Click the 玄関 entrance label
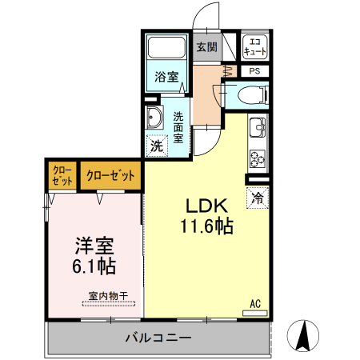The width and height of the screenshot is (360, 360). click(x=206, y=47)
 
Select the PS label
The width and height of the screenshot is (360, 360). click(x=255, y=71)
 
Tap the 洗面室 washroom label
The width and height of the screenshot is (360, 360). click(x=178, y=126)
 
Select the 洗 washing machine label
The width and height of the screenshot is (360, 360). click(x=156, y=146)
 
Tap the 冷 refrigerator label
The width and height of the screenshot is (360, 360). click(x=258, y=198)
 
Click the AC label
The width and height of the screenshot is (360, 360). click(x=256, y=303)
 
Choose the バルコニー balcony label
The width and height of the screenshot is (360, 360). click(x=158, y=338)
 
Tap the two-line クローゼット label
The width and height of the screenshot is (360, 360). click(x=62, y=175)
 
